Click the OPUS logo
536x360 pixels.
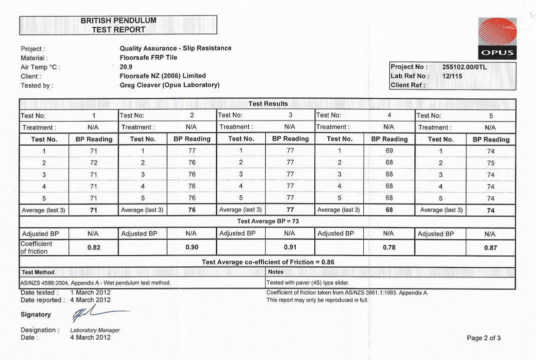point(496,38)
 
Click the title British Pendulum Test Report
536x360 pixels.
point(118,25)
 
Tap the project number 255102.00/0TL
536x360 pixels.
point(464,67)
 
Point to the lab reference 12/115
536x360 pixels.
point(452,76)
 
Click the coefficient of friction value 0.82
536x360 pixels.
point(94,247)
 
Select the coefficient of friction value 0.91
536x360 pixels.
point(290,247)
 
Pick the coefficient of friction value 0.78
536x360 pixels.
point(388,247)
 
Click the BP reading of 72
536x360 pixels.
point(94,163)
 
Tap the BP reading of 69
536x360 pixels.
point(389,150)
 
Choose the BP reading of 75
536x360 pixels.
point(490,163)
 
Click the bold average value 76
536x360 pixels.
point(192,210)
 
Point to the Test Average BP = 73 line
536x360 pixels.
point(268,221)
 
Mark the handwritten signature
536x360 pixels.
point(98,313)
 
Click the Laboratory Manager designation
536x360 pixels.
point(95,330)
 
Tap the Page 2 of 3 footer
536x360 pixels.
point(483,338)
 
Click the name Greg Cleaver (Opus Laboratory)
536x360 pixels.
point(170,85)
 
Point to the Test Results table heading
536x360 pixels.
point(268,104)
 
